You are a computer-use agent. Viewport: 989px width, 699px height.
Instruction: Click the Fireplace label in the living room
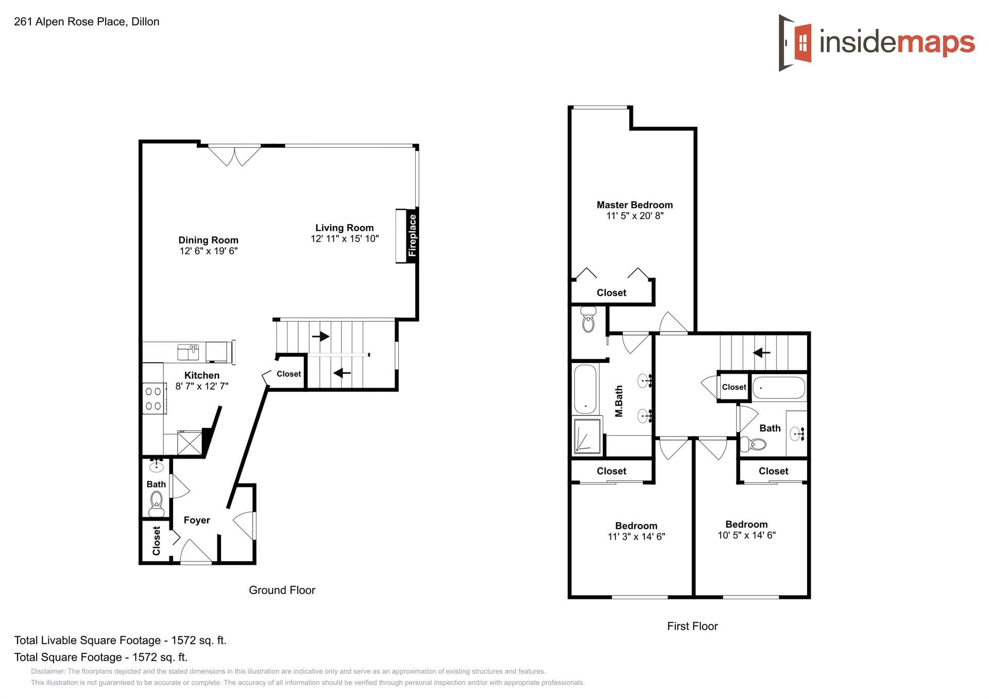pos(412,235)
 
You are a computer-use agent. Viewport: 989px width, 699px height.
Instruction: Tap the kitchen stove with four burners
pos(154,398)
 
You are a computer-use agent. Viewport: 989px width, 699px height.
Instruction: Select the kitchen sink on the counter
pos(188,352)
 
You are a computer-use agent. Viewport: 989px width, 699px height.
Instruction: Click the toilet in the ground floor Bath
pos(156,502)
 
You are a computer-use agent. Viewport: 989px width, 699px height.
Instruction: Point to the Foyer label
pos(197,520)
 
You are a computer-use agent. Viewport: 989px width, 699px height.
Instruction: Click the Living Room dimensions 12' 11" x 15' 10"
pos(345,239)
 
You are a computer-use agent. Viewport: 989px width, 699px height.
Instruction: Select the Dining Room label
pos(208,240)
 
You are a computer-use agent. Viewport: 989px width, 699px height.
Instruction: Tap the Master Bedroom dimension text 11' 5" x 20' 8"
pos(635,216)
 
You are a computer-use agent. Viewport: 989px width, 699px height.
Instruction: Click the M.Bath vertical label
pos(619,401)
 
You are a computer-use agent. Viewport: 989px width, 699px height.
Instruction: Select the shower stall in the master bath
pos(587,436)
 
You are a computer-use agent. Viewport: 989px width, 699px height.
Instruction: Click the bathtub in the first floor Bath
pos(778,388)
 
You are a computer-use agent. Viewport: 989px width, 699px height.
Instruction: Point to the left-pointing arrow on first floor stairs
pos(761,353)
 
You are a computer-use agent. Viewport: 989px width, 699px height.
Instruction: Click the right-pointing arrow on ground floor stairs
pos(321,337)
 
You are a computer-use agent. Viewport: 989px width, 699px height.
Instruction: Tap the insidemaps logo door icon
pos(796,42)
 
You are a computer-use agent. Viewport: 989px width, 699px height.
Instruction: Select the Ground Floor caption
pos(282,590)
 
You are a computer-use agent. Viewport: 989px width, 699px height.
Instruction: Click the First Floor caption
pos(692,626)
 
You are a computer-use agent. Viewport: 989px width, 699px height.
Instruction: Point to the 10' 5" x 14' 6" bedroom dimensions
pos(746,535)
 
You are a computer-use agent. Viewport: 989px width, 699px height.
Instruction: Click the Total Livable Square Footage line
pos(120,640)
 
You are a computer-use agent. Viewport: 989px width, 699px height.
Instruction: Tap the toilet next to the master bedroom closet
pos(588,320)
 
